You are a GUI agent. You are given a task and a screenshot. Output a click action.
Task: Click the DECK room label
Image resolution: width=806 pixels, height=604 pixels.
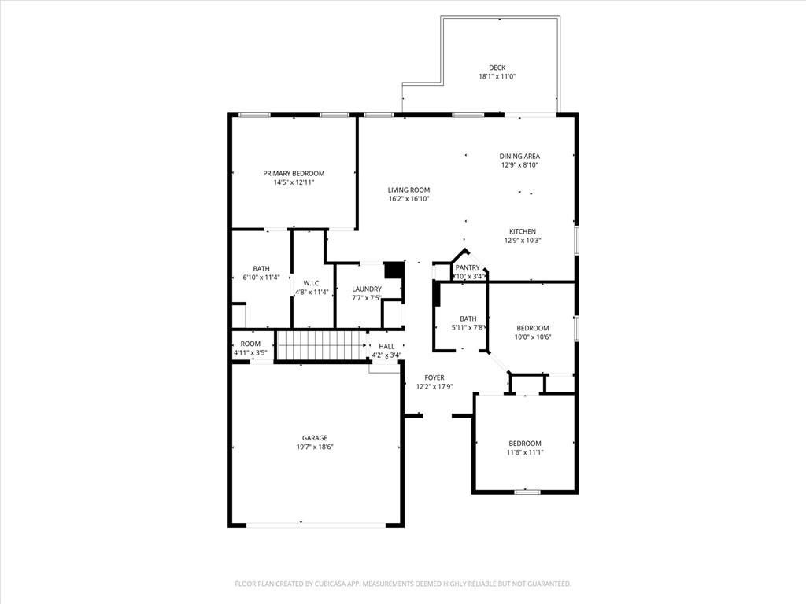click(497, 68)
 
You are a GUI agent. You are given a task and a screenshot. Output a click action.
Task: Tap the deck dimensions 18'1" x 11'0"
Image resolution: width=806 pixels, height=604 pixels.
click(497, 77)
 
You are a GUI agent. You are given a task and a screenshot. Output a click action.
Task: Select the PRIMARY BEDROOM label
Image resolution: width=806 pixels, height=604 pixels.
click(294, 174)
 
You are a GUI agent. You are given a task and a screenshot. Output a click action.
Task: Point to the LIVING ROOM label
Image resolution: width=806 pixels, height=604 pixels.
click(409, 190)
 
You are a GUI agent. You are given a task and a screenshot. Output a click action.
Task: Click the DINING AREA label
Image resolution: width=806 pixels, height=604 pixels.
click(519, 157)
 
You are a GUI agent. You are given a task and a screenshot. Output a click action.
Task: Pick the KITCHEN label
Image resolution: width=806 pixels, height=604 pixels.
click(523, 232)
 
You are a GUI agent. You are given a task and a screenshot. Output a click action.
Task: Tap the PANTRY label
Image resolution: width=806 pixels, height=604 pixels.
click(468, 268)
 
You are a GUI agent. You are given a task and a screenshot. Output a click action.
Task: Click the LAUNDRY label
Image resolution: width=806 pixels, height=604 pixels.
click(367, 289)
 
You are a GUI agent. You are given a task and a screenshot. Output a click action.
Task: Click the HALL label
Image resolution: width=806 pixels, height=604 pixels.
click(386, 346)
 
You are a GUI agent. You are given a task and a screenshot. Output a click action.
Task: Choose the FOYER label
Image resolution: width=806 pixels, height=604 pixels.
click(434, 378)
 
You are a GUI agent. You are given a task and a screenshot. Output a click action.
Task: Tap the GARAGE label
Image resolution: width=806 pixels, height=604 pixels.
click(315, 438)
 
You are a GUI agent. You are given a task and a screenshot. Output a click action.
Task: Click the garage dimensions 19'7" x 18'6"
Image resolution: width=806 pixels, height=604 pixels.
click(315, 447)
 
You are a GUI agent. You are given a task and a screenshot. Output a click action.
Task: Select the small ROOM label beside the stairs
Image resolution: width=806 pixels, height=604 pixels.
click(250, 344)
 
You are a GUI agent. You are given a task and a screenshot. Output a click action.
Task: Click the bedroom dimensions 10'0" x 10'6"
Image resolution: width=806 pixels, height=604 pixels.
click(533, 337)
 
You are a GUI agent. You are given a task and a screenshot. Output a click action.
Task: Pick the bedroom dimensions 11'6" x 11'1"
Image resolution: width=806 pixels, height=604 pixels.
click(525, 452)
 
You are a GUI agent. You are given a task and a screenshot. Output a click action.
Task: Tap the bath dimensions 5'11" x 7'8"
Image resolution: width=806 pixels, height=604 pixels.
click(468, 328)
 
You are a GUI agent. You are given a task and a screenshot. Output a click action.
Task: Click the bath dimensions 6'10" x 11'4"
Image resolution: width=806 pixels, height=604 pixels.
click(261, 278)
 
